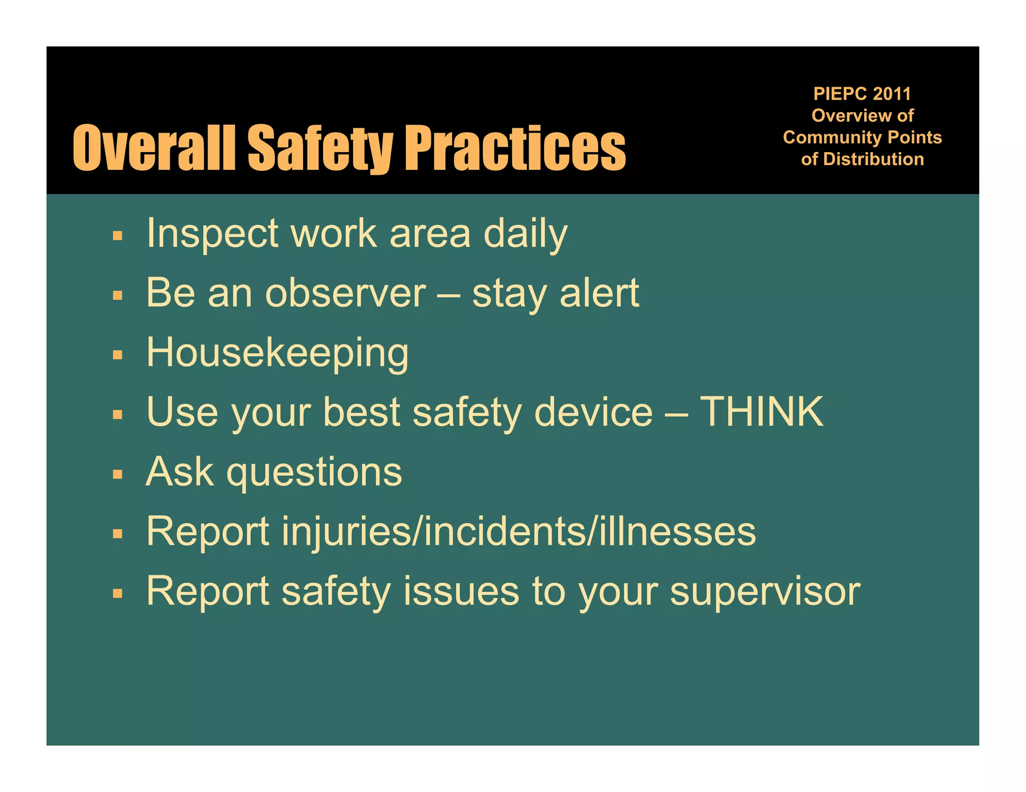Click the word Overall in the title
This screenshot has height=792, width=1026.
154,148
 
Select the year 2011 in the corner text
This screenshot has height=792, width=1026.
892,94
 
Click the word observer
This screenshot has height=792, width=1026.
346,293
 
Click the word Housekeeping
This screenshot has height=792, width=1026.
278,353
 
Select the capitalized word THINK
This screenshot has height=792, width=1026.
761,412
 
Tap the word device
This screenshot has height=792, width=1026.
593,412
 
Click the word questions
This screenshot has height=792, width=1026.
314,473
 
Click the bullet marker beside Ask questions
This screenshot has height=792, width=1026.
118,474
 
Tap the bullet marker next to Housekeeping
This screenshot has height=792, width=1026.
118,355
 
